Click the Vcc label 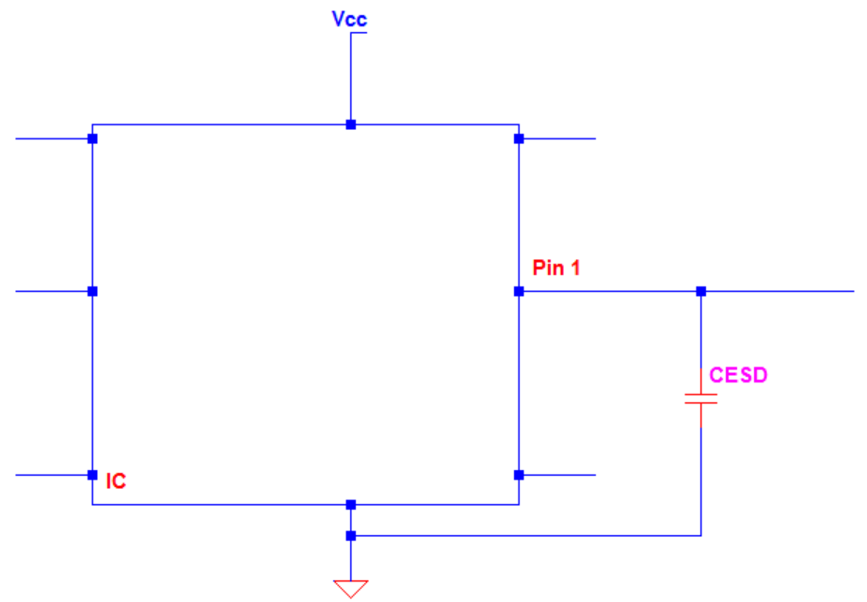click(x=349, y=19)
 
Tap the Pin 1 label click(x=556, y=268)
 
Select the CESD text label click(x=739, y=375)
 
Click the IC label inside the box click(x=116, y=482)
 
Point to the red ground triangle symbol click(x=350, y=589)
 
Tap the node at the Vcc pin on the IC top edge click(x=350, y=124)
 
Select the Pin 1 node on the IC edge click(x=519, y=291)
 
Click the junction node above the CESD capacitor click(x=700, y=291)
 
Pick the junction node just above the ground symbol click(x=350, y=536)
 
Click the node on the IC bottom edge click(x=350, y=505)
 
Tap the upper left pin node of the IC click(x=92, y=139)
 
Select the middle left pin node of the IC click(x=92, y=291)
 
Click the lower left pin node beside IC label click(x=92, y=475)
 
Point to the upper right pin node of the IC click(x=519, y=139)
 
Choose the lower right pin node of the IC click(x=519, y=475)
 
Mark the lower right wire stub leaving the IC click(x=559, y=475)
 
